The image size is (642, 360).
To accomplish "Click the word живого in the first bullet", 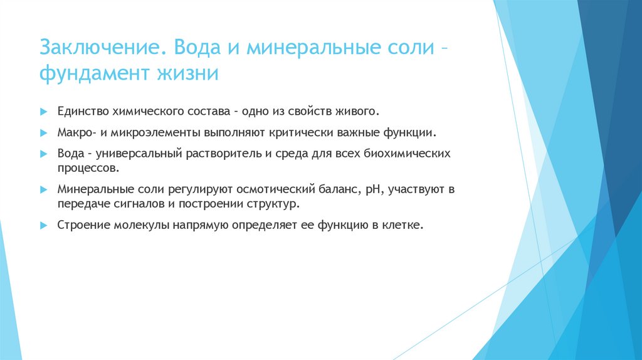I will (x=358, y=112).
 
